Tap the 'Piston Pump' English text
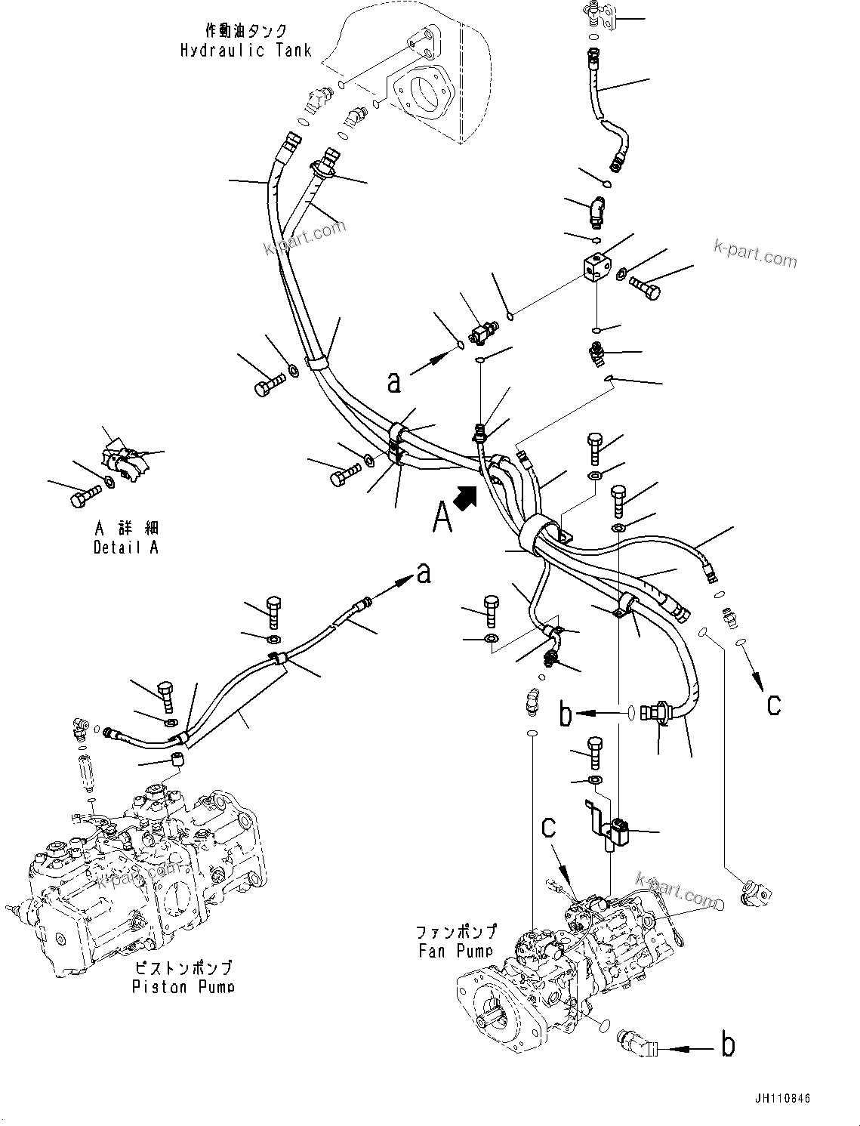(183, 986)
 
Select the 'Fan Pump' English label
(455, 951)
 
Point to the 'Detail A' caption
(126, 548)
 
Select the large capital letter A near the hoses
(442, 518)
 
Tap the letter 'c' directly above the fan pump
(549, 827)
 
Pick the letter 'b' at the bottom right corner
(727, 1045)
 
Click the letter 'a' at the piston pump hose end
(424, 574)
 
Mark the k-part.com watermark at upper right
(754, 254)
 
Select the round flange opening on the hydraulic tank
(424, 97)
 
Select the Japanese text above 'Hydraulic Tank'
(245, 31)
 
